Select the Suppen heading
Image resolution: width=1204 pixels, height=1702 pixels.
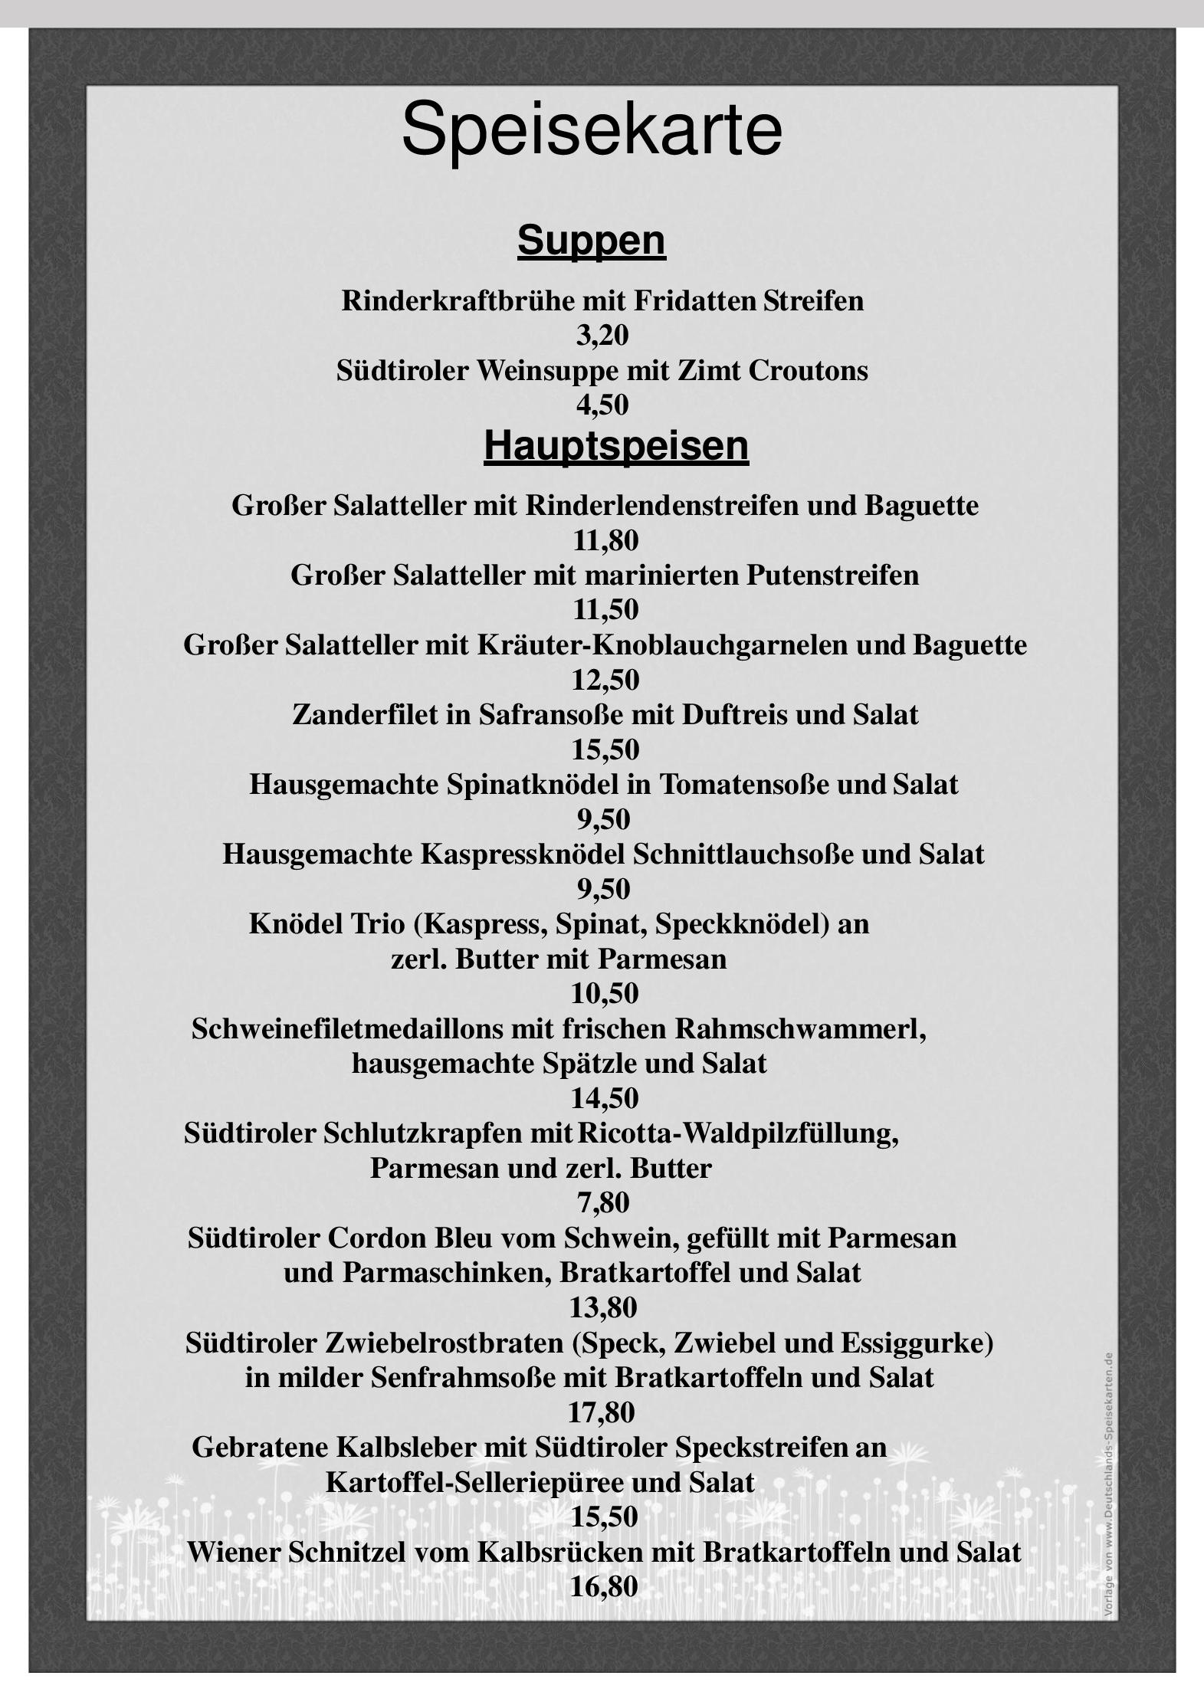(592, 241)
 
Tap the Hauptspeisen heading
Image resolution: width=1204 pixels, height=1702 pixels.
(616, 445)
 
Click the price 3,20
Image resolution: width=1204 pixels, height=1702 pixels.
(602, 336)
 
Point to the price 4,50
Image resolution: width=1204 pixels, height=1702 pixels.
(602, 405)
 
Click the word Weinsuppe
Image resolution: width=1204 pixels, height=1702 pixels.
(547, 371)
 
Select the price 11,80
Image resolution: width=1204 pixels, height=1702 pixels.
(605, 540)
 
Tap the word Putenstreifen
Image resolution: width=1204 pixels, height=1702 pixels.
(832, 575)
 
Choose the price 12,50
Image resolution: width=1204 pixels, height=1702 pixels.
(605, 680)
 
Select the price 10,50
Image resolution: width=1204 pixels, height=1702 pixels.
(605, 994)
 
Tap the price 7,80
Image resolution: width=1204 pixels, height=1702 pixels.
(603, 1203)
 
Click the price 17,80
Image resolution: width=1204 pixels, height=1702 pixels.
(602, 1412)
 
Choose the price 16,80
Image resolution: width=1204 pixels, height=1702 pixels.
(604, 1587)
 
